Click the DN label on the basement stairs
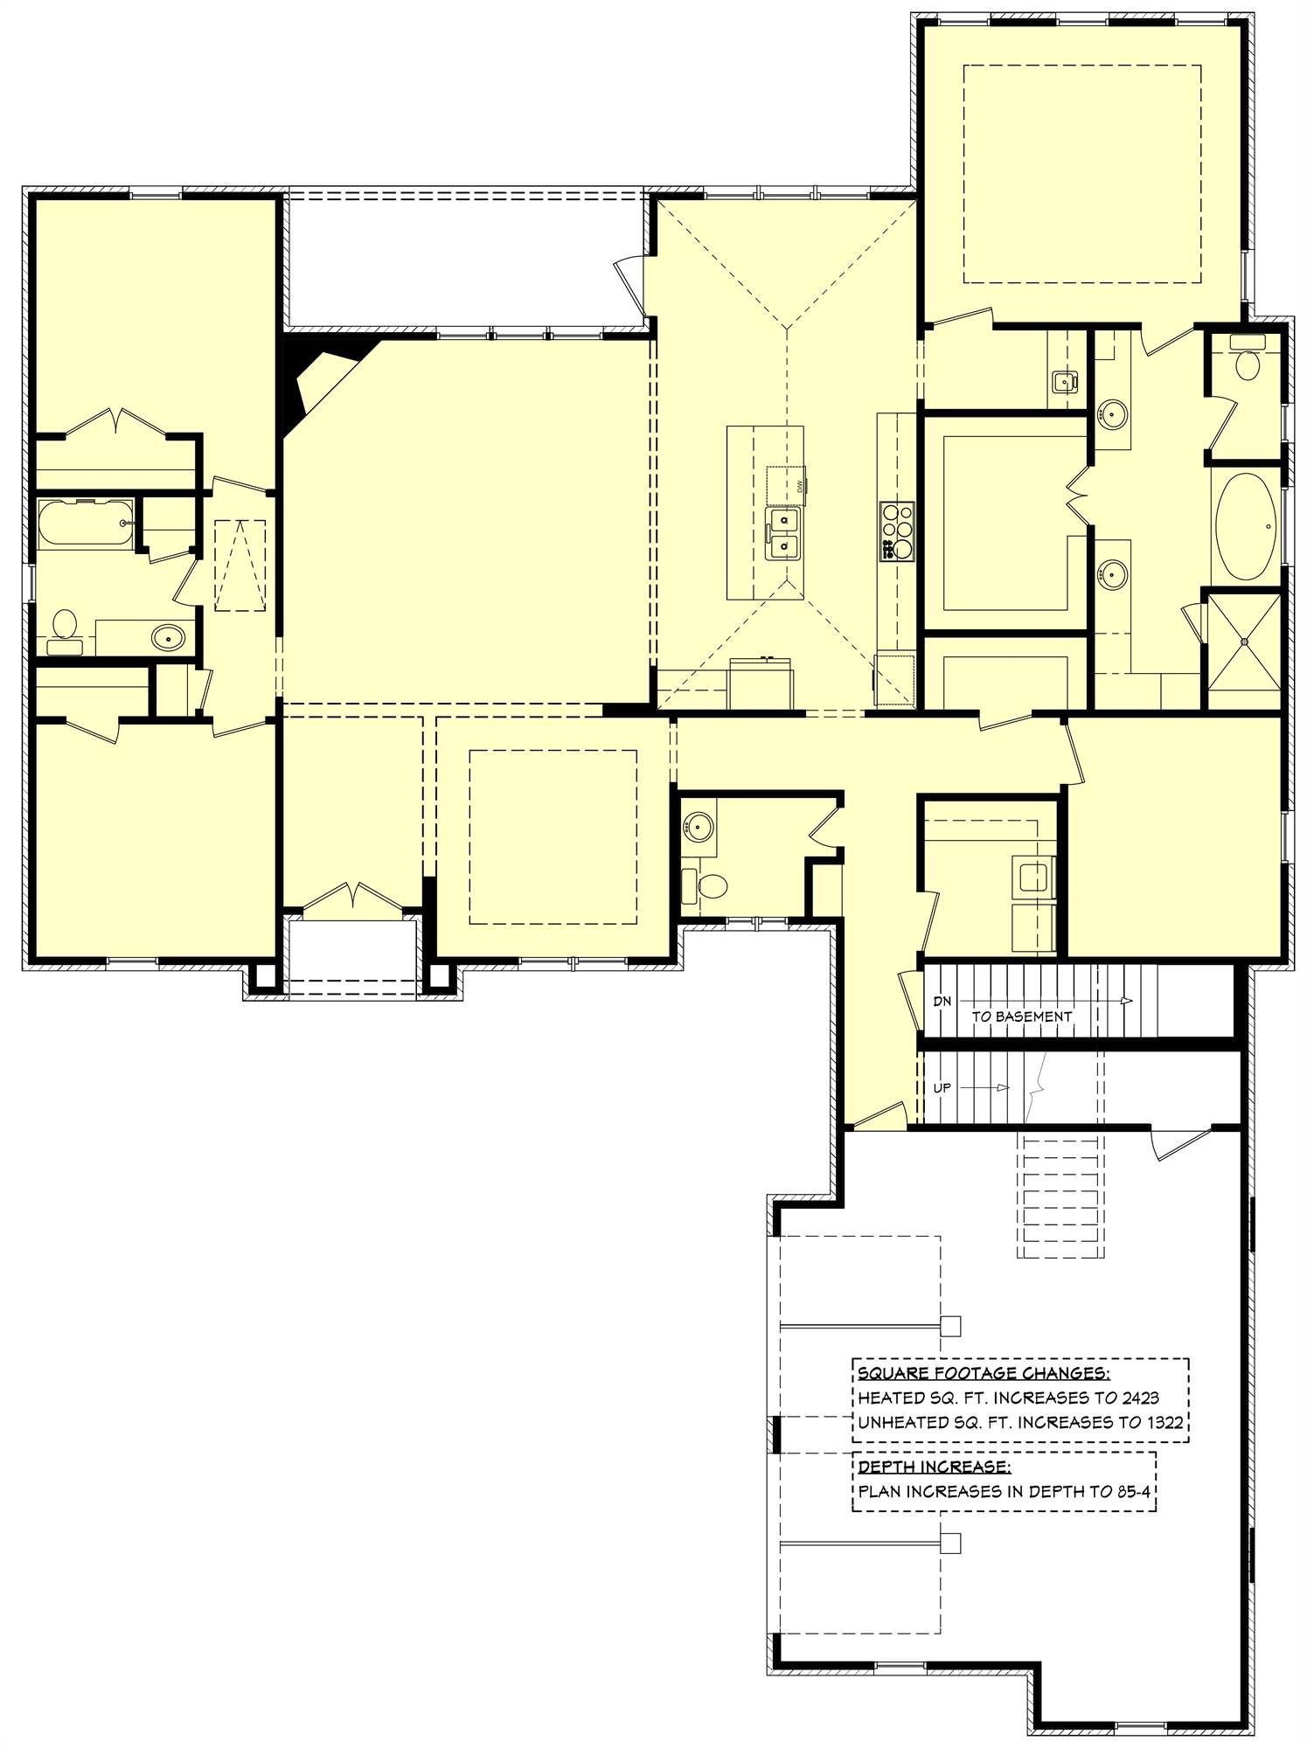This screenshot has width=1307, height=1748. pos(942,1002)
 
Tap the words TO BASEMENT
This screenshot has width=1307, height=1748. pos(1021,1016)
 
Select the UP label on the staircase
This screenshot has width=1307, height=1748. pos(942,1088)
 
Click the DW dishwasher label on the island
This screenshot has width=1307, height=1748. pos(799,487)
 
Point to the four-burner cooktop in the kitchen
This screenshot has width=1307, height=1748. pos(897,531)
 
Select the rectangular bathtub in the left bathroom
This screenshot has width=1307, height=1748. pos(86,523)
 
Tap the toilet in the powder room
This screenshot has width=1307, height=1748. pos(705,887)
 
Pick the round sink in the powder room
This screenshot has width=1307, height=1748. pos(699,823)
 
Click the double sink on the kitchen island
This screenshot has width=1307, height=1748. pos(784,534)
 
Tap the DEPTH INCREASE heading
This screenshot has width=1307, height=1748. pos(934,1466)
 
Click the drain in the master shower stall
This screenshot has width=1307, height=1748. pos(1242,641)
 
